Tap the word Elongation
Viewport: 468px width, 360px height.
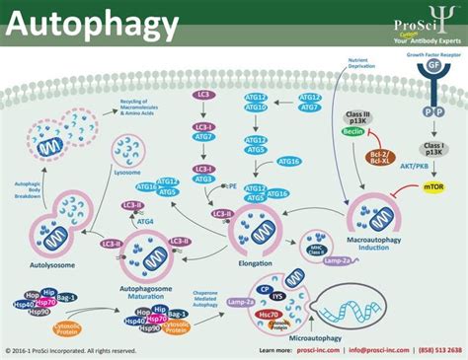click(x=259, y=237)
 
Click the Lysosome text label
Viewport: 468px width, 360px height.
click(x=127, y=172)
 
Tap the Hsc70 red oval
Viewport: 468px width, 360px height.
click(x=268, y=315)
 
